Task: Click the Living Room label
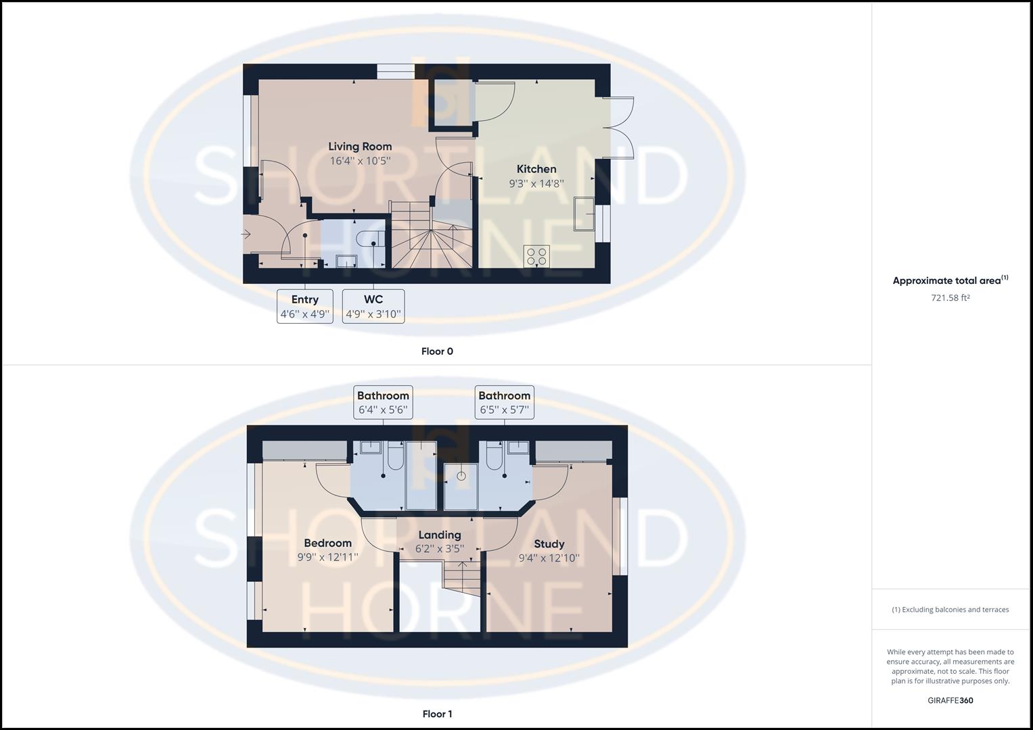[x=360, y=146]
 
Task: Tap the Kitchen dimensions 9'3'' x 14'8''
[x=536, y=183]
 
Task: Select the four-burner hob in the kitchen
[x=536, y=256]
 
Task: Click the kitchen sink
[x=582, y=214]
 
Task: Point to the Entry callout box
[x=305, y=306]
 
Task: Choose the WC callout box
[x=373, y=306]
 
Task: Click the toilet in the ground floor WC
[x=373, y=239]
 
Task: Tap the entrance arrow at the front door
[x=246, y=235]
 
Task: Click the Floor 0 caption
[x=437, y=351]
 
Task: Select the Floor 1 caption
[x=437, y=714]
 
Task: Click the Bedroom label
[x=327, y=543]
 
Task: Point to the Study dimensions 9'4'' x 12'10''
[x=549, y=558]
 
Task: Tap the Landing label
[x=440, y=535]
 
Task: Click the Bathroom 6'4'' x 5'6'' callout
[x=383, y=402]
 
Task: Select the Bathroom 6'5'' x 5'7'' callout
[x=504, y=402]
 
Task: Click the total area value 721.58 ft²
[x=950, y=298]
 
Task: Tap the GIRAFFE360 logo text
[x=950, y=700]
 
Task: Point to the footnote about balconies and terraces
[x=950, y=610]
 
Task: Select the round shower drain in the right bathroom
[x=461, y=476]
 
